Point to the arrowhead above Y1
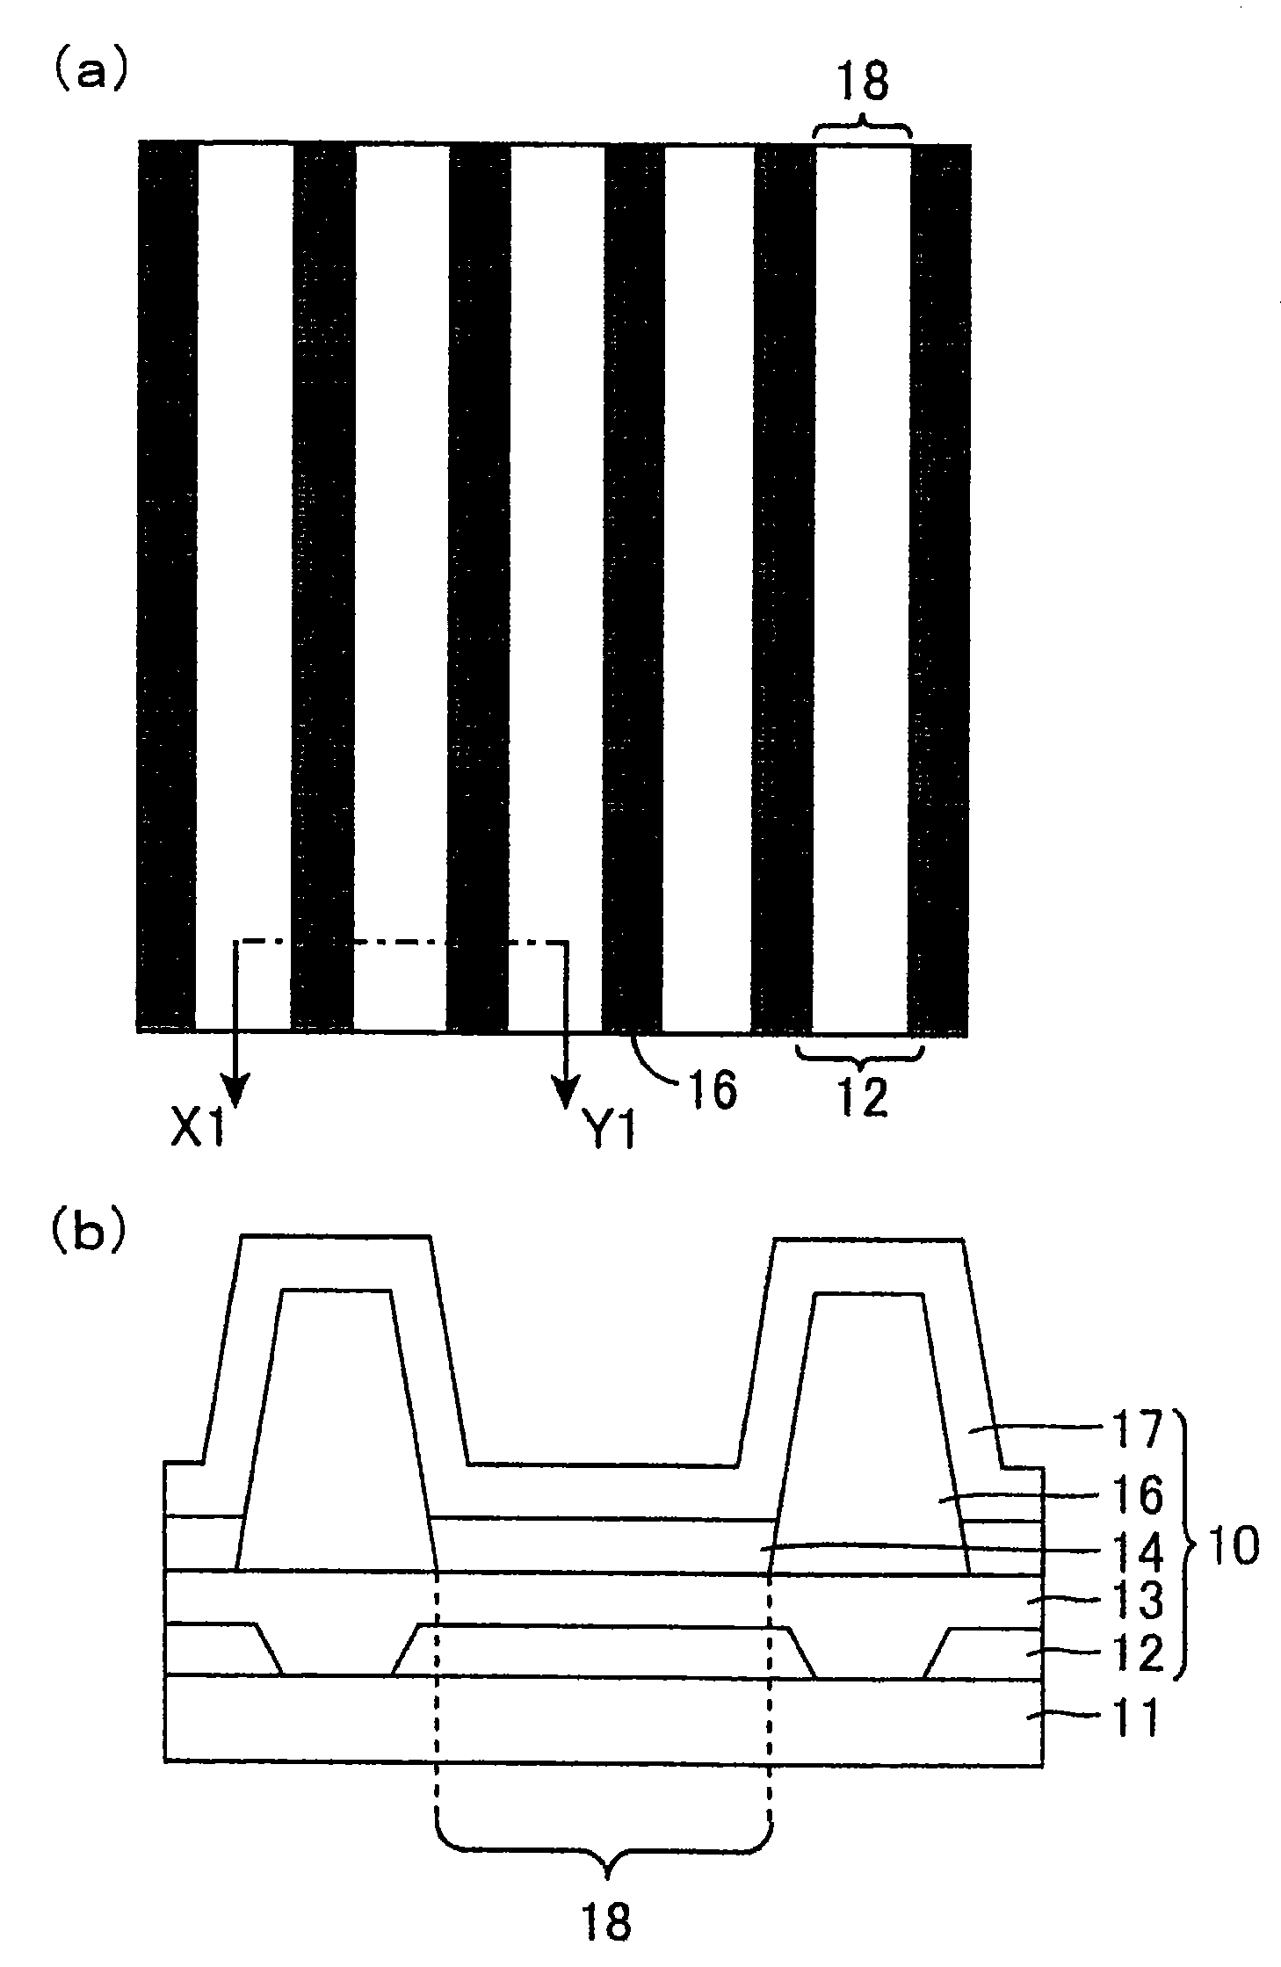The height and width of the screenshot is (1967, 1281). tap(564, 1090)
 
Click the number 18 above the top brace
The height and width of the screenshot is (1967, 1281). tap(862, 84)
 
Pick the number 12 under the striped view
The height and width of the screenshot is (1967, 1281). tap(862, 1099)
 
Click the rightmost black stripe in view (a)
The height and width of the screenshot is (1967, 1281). tap(939, 589)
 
